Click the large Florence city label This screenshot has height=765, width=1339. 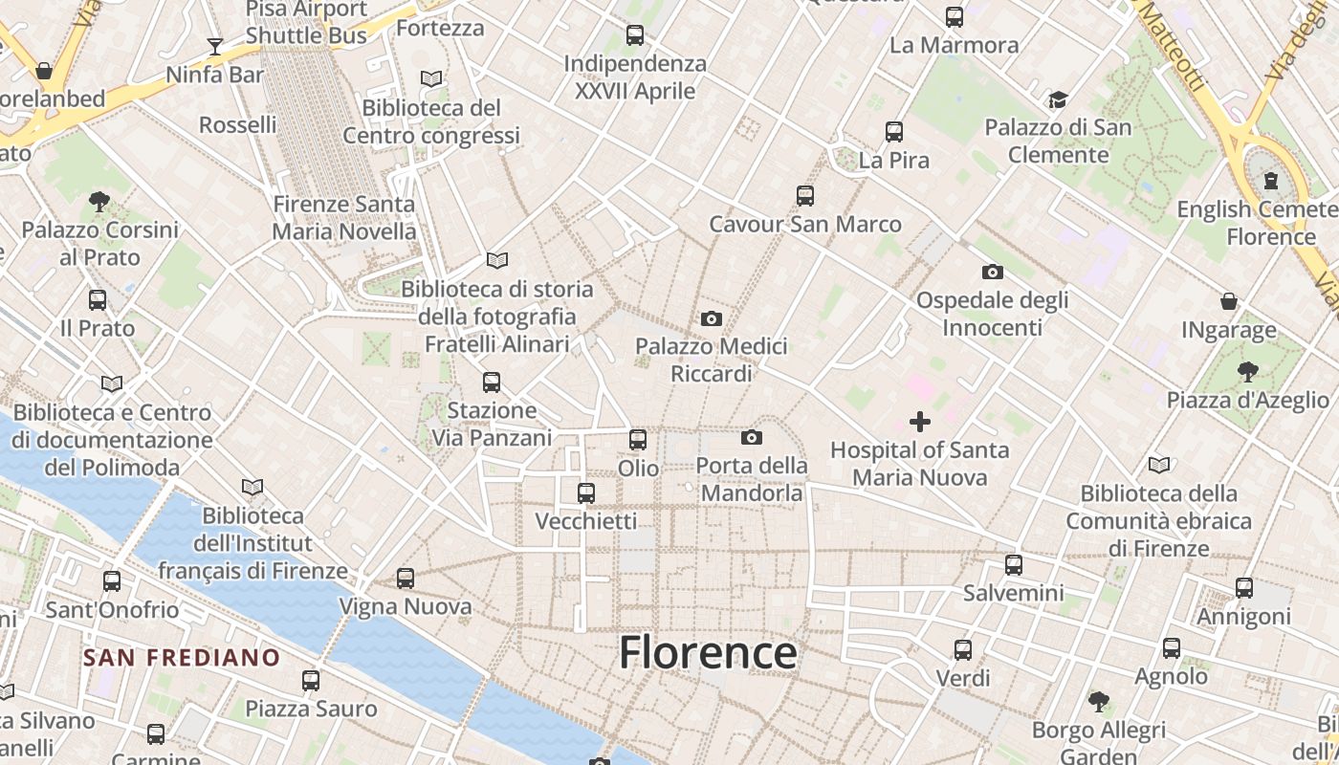tap(708, 653)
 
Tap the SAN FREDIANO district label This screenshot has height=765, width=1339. tap(181, 658)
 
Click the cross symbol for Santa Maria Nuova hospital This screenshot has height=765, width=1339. tap(920, 421)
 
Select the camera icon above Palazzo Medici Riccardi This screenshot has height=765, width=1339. tap(712, 318)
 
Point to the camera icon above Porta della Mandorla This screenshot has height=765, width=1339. tap(752, 438)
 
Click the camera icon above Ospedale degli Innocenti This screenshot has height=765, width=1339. tap(993, 273)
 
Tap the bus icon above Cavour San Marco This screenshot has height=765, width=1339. tap(805, 196)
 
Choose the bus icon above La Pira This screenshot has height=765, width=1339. tap(894, 132)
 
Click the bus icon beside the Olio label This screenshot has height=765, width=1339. tap(638, 440)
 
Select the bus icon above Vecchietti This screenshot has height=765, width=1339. tap(586, 493)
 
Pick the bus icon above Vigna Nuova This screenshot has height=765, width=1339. tap(406, 579)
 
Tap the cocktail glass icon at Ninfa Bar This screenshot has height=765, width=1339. tap(215, 46)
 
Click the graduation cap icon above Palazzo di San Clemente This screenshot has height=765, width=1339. tap(1058, 99)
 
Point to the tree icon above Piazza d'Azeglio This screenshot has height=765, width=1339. tap(1247, 372)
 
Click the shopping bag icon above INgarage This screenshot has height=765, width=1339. tap(1229, 302)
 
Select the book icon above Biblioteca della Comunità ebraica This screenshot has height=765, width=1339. tap(1159, 466)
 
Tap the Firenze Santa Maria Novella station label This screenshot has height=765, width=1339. tap(344, 217)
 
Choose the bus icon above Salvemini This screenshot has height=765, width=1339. tap(1014, 565)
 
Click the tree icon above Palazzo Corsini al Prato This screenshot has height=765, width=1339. tap(99, 201)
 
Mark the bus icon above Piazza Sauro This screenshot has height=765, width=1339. tap(311, 681)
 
